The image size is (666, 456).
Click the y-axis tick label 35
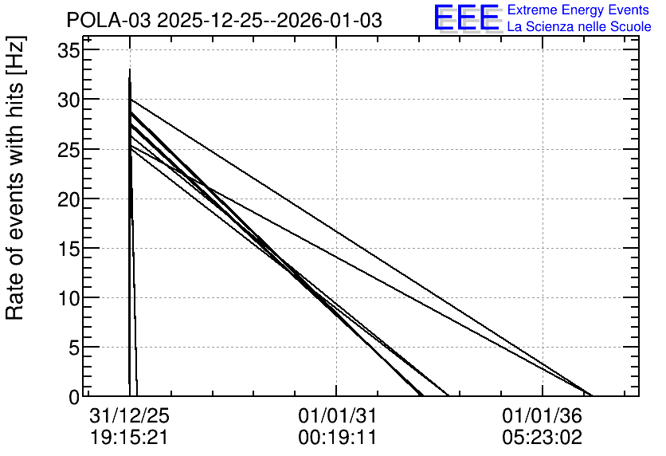click(68, 52)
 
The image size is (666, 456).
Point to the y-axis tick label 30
click(68, 100)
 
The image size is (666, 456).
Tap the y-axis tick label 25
click(68, 150)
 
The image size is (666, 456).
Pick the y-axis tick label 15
click(68, 249)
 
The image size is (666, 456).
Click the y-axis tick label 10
click(68, 299)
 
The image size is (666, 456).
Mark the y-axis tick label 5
click(74, 348)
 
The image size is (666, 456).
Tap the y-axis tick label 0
click(74, 398)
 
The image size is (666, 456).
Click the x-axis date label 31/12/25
click(129, 415)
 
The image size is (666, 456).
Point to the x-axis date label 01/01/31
click(337, 415)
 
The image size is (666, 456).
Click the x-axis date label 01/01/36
click(542, 415)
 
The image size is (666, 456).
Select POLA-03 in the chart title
click(108, 21)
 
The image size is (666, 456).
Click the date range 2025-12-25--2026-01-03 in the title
click(270, 21)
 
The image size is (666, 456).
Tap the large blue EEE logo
click(467, 18)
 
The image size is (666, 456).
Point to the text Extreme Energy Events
click(578, 10)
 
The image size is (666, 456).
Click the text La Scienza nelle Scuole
click(579, 27)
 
